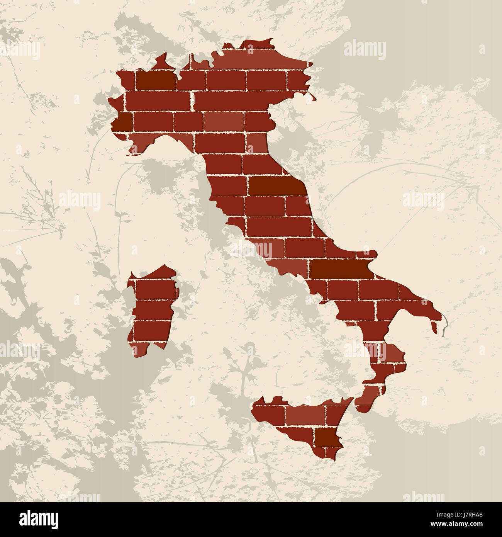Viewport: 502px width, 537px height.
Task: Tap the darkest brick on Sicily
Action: pyautogui.click(x=328, y=437)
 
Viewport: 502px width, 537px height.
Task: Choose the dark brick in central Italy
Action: pyautogui.click(x=276, y=186)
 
